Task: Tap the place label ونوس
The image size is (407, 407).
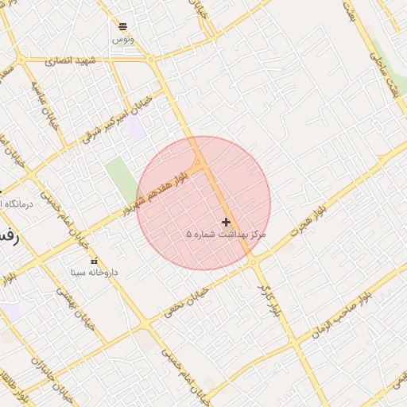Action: [x=122, y=39]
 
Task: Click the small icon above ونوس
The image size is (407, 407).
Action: [x=122, y=26]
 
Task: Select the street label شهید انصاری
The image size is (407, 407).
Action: [x=70, y=60]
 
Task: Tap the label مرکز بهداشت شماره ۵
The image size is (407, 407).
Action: [x=226, y=235]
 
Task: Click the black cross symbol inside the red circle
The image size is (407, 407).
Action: [x=227, y=222]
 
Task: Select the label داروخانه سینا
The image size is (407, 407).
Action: [x=94, y=272]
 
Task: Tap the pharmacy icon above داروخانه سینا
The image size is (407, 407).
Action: [x=95, y=261]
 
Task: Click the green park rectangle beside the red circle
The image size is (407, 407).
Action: [x=121, y=180]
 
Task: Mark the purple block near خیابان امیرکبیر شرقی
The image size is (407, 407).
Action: [x=136, y=128]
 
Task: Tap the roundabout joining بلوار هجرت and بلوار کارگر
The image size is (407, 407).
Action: [x=253, y=262]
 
